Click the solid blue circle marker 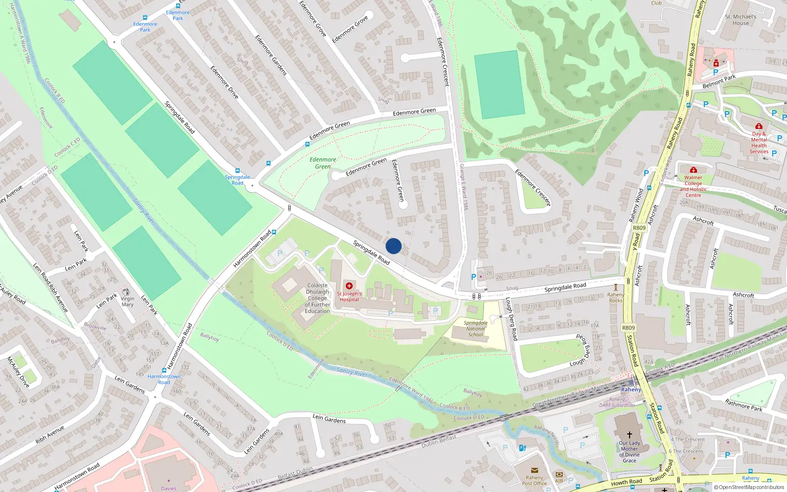click(393, 246)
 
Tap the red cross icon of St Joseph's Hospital click(349, 286)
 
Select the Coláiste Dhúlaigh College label click(317, 298)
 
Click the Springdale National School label click(476, 329)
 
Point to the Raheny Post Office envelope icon click(535, 470)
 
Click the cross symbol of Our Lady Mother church click(630, 435)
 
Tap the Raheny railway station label click(631, 390)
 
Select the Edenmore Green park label click(323, 163)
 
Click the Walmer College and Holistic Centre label click(693, 186)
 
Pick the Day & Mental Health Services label click(759, 143)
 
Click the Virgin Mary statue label click(127, 302)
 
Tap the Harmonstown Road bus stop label click(164, 379)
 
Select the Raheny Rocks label click(615, 298)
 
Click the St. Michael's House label click(741, 20)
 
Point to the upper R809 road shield click(639, 228)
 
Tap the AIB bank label click(559, 481)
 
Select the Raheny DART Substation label click(617, 402)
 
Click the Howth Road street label click(626, 482)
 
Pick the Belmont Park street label click(719, 81)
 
